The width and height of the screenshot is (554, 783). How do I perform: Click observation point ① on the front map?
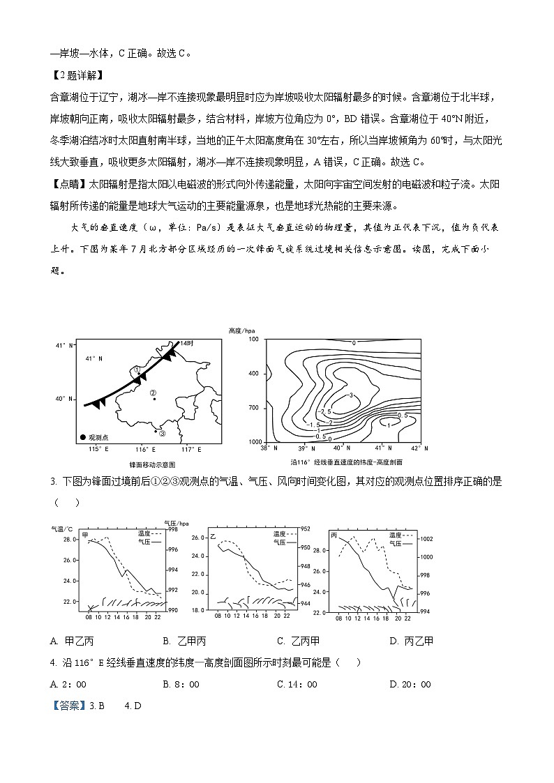point(137,370)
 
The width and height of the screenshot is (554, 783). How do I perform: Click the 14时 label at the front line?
point(186,344)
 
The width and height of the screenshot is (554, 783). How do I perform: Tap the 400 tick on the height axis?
point(254,374)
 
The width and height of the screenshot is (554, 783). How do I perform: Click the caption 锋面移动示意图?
point(151,464)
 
